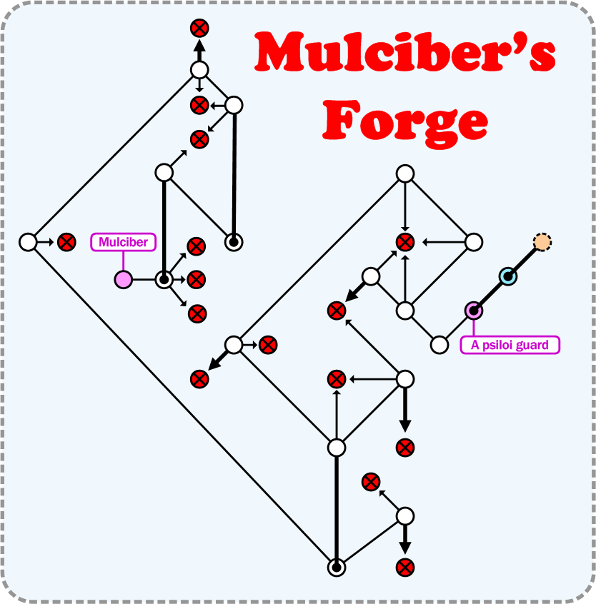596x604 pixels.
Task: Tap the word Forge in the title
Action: pos(405,119)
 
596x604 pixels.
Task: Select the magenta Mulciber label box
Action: pos(123,242)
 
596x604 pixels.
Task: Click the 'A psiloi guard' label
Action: pos(510,345)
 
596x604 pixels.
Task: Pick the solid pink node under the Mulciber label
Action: pos(123,279)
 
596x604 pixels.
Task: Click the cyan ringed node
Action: pos(507,276)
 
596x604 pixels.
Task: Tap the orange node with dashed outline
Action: pos(542,242)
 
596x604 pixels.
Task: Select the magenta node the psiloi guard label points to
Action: pos(473,311)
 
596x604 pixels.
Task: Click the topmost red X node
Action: pos(199,29)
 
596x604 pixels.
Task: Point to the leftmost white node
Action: pos(28,242)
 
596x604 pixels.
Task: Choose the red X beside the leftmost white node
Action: pos(66,242)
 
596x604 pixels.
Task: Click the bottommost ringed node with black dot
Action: pos(336,568)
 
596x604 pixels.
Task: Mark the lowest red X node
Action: pos(404,568)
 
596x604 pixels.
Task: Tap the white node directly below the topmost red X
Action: pos(199,70)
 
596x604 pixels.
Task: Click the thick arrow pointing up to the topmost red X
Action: pos(199,50)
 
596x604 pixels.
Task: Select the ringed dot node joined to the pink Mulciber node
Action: pos(164,279)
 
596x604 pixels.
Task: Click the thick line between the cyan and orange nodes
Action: pos(525,259)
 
